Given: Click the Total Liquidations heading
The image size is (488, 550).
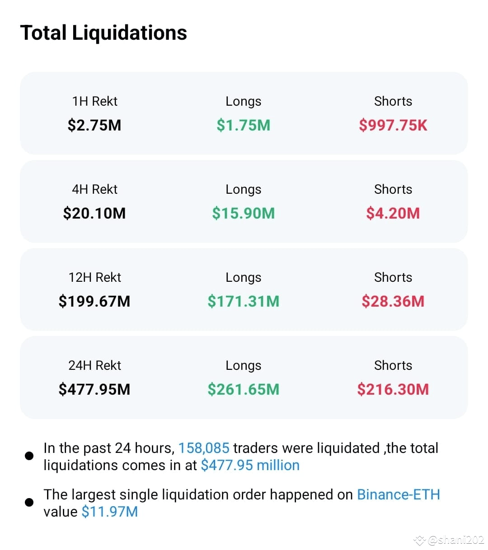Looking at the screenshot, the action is [103, 33].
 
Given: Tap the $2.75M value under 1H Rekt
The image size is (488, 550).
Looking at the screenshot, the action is [94, 125].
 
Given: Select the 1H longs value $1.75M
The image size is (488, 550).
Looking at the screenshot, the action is [244, 125].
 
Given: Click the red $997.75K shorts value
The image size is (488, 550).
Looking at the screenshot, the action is [393, 125].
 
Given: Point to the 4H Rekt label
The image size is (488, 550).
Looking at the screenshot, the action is [94, 189].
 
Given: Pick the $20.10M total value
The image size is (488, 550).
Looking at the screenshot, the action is [94, 213].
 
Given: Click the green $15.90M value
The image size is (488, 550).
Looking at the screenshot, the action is [244, 213].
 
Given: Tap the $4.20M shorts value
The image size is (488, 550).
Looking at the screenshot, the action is [393, 213].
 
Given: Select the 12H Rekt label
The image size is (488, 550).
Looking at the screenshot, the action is [94, 277].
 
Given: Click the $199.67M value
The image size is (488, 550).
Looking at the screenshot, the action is [94, 301].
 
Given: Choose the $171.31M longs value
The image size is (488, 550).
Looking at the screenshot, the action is [244, 301].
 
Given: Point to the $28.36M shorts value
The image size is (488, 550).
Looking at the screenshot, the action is [393, 301].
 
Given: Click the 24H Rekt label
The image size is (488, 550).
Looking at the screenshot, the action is [94, 365].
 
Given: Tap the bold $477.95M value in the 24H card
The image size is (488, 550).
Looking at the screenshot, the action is [94, 389].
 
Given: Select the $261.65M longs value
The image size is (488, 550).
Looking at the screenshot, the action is [244, 389].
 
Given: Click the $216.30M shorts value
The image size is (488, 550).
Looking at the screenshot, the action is [393, 389].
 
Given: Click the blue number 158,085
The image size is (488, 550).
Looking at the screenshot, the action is [204, 448].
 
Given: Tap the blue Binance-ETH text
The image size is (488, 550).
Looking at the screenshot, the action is [399, 494].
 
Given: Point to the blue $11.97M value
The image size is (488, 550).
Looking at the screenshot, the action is [110, 512].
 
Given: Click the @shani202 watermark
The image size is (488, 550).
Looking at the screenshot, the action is [455, 540].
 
